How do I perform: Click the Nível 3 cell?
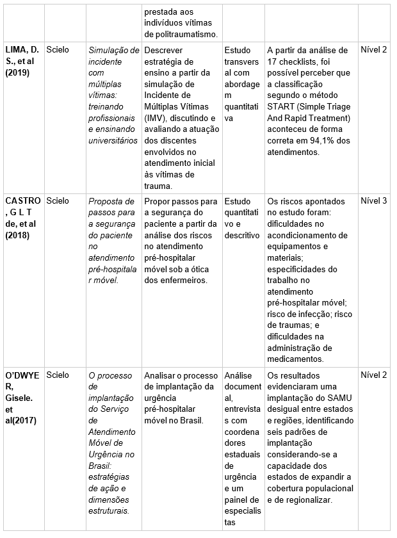(x=374, y=200)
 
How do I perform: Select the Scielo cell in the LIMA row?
(x=58, y=49)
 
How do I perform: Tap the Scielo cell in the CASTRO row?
(x=58, y=200)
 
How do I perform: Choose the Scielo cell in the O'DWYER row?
(x=58, y=375)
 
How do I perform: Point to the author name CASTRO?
(x=22, y=200)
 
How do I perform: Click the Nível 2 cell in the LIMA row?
(x=374, y=49)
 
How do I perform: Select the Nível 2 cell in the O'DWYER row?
(x=374, y=375)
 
